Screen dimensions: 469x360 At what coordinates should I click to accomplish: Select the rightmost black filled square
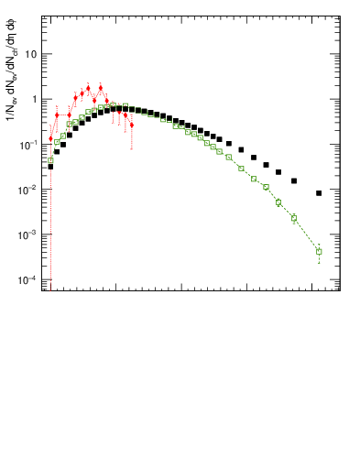[319, 193]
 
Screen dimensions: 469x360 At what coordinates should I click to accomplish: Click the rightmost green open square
[319, 251]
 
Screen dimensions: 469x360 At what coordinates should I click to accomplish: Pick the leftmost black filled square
[50, 167]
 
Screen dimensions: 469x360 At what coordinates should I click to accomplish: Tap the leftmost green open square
[50, 160]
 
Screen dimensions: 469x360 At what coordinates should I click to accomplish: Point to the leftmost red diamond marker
[50, 138]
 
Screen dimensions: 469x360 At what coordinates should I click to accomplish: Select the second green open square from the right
[294, 218]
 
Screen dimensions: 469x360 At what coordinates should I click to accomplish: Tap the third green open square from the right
[278, 202]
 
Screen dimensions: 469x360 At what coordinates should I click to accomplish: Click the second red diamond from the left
[57, 115]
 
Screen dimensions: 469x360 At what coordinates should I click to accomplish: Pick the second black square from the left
[57, 152]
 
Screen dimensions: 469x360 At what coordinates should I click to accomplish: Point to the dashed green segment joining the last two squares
[307, 234]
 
